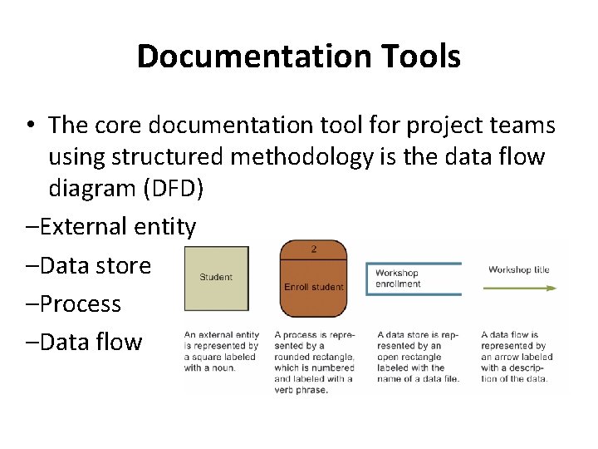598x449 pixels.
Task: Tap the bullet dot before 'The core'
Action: (29, 126)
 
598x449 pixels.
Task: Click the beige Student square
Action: (216, 277)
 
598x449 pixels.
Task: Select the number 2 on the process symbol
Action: (313, 249)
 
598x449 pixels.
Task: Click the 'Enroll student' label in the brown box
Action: (313, 287)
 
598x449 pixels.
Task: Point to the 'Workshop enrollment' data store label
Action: (399, 279)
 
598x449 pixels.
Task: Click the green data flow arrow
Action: (520, 288)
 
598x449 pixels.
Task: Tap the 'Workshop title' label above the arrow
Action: (518, 269)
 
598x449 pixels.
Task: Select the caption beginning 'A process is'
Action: (314, 357)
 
